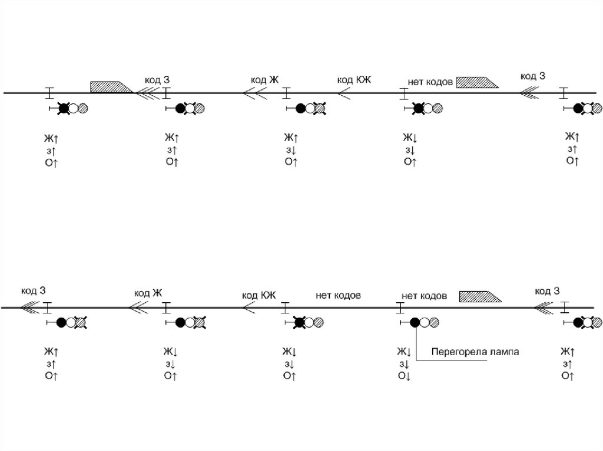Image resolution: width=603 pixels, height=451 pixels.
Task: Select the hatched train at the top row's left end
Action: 111,86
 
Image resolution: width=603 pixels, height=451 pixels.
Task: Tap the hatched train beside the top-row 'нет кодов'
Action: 477,82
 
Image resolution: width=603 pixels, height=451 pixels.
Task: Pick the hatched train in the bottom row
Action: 480,296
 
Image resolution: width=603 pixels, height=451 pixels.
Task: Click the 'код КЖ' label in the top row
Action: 354,79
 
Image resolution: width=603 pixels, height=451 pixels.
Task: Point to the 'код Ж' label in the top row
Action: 264,79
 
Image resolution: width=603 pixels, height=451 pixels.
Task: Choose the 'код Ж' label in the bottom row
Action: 148,293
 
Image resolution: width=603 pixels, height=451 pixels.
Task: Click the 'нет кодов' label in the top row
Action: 430,82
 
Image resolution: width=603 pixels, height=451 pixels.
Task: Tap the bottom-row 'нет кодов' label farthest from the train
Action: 338,295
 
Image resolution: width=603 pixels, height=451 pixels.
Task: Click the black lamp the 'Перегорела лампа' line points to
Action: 415,322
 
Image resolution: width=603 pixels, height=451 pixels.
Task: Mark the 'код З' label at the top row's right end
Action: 533,76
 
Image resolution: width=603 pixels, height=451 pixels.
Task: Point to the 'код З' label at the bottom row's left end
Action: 34,290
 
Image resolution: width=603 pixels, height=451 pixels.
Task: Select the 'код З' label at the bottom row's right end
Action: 547,291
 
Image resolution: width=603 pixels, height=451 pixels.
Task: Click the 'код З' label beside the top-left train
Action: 157,79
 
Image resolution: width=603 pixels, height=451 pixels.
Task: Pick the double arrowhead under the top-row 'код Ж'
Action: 253,93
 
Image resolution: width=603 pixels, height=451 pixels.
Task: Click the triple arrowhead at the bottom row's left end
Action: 28,307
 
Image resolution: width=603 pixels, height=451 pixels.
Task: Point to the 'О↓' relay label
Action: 404,375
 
